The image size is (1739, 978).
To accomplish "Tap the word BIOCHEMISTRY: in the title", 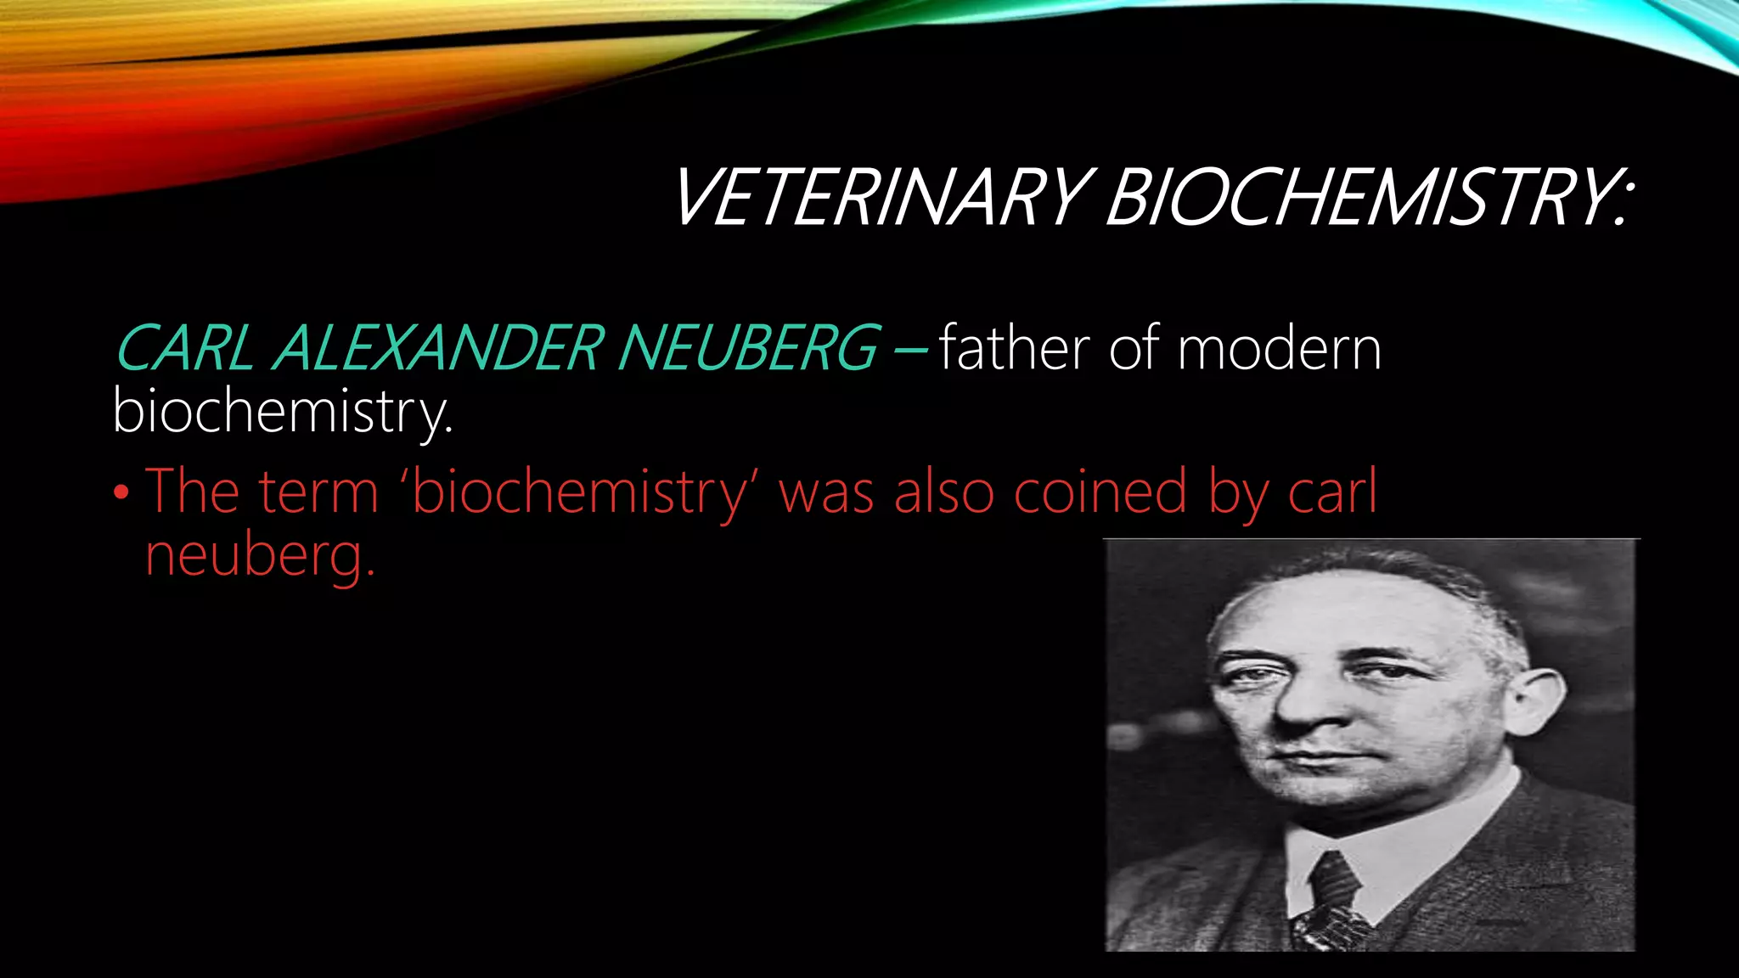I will (1368, 197).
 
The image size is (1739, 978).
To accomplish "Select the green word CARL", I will (184, 349).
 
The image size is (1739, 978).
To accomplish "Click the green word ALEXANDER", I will (437, 349).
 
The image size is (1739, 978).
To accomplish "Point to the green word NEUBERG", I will (747, 349).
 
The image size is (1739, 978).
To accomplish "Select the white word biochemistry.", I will (282, 412).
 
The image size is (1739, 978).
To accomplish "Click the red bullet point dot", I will (121, 492).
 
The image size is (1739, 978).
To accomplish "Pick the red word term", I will (318, 492).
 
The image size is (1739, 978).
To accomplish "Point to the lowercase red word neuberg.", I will (259, 558).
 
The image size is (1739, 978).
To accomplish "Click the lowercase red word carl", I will (1332, 492).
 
